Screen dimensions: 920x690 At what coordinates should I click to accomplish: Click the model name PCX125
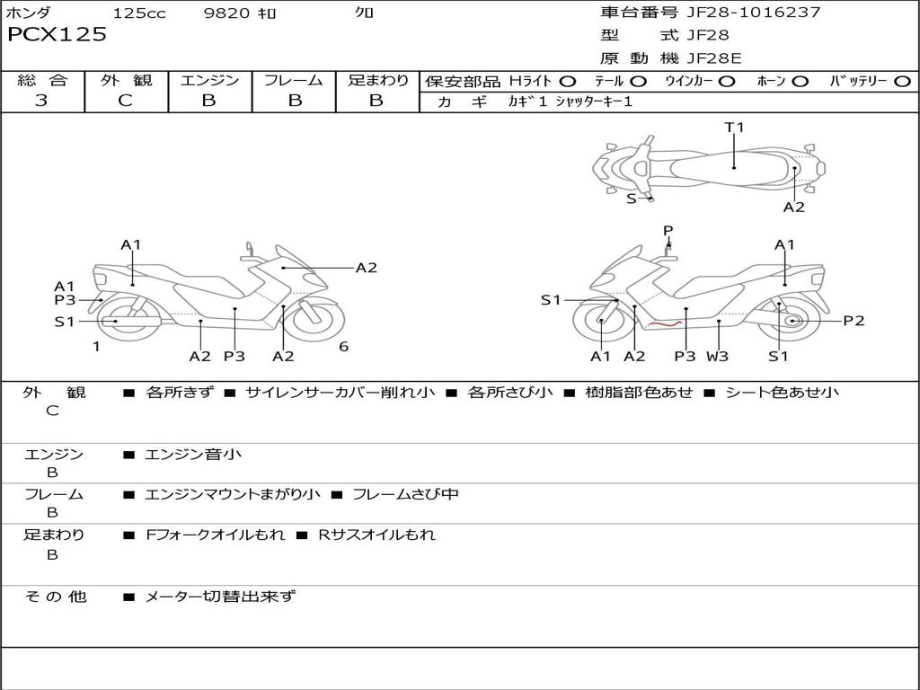(57, 35)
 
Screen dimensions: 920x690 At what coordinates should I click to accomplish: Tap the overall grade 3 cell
(41, 101)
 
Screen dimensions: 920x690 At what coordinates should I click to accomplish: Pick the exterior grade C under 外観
(125, 101)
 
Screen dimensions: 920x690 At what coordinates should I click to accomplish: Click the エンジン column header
(209, 80)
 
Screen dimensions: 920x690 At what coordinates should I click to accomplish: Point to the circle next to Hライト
(568, 81)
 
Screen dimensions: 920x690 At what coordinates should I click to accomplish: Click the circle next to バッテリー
(902, 81)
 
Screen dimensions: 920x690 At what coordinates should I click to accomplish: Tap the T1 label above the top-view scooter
(735, 128)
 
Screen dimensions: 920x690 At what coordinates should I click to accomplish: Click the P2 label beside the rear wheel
(854, 321)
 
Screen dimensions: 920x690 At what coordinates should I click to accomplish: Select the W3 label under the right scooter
(717, 357)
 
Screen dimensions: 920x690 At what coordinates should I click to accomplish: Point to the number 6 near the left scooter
(343, 347)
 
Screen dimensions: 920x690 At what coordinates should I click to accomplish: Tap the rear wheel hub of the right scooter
(792, 321)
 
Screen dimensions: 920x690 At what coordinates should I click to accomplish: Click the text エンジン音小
(193, 455)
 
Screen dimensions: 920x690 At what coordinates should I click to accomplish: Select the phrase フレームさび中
(405, 494)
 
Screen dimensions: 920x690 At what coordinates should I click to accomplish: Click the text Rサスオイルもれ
(376, 535)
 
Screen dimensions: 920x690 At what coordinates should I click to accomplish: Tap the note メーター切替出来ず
(220, 596)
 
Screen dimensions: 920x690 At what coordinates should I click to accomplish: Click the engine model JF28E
(714, 58)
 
